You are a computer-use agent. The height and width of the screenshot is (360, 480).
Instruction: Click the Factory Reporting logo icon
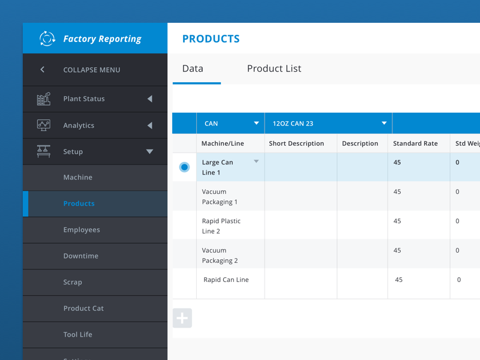point(47,38)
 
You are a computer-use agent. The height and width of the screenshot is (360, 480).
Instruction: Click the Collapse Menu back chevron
point(43,70)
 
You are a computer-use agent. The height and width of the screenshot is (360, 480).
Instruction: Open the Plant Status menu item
point(84,98)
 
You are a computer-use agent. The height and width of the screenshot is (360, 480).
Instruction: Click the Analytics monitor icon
point(44,125)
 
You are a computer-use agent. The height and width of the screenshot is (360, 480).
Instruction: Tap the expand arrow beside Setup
point(149,152)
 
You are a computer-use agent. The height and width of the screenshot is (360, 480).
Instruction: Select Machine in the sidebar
point(78,178)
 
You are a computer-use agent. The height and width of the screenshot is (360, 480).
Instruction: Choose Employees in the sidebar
point(82,230)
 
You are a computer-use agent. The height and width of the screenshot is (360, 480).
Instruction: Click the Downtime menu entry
point(80,256)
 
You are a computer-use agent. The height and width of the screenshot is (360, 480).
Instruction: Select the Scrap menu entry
point(73,282)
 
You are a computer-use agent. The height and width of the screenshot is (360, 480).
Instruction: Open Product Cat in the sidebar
point(83,308)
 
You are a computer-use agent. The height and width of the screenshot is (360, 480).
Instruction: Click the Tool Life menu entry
point(78,335)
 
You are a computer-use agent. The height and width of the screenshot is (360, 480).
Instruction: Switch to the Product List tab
point(274,68)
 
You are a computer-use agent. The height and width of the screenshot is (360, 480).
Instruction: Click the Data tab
point(193,68)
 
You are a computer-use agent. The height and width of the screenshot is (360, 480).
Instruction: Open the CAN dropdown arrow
point(256,124)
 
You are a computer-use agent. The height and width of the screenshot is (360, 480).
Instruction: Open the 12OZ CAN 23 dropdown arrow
point(384,124)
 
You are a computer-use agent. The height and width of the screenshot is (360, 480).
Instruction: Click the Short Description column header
point(296,143)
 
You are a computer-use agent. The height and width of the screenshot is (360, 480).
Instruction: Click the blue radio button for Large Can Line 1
point(184,167)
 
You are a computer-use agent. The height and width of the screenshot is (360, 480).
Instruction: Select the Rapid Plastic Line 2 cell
point(221,226)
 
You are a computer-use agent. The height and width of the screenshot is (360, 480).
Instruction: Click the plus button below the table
point(182,319)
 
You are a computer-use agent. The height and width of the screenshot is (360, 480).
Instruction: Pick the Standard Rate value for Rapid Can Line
point(399,280)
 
